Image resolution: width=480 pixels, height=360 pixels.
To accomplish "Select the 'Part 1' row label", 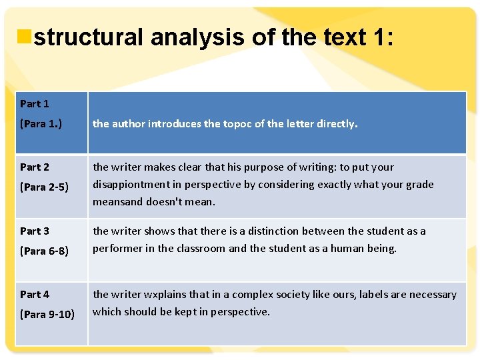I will tap(35, 103).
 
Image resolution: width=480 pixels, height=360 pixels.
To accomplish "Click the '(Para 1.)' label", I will tap(41, 123).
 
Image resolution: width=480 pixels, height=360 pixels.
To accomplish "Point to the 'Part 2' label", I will tap(35, 167).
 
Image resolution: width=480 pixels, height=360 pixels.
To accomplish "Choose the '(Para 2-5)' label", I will tap(44, 187).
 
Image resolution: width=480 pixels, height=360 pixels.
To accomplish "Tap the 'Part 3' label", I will tap(35, 231).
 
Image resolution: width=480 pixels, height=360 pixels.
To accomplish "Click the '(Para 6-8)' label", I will tap(44, 251).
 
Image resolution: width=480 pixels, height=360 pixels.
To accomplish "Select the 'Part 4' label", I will tap(35, 294).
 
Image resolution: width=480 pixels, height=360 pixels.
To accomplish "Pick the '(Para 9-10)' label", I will tap(47, 314).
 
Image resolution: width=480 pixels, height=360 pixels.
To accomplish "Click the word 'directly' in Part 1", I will tap(336, 123).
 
